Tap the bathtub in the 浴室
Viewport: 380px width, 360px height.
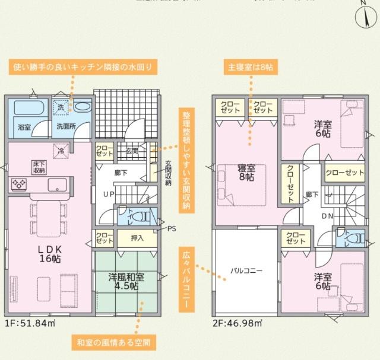[x=26, y=109]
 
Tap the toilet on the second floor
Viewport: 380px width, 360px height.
[x=354, y=238]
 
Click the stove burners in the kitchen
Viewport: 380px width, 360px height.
[x=18, y=184]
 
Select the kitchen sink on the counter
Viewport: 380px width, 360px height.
[x=57, y=184]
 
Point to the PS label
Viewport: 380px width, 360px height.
[x=172, y=228]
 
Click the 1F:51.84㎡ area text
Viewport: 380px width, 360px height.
[x=30, y=323]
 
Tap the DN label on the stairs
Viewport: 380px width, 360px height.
[x=327, y=216]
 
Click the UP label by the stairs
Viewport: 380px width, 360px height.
[x=109, y=195]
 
